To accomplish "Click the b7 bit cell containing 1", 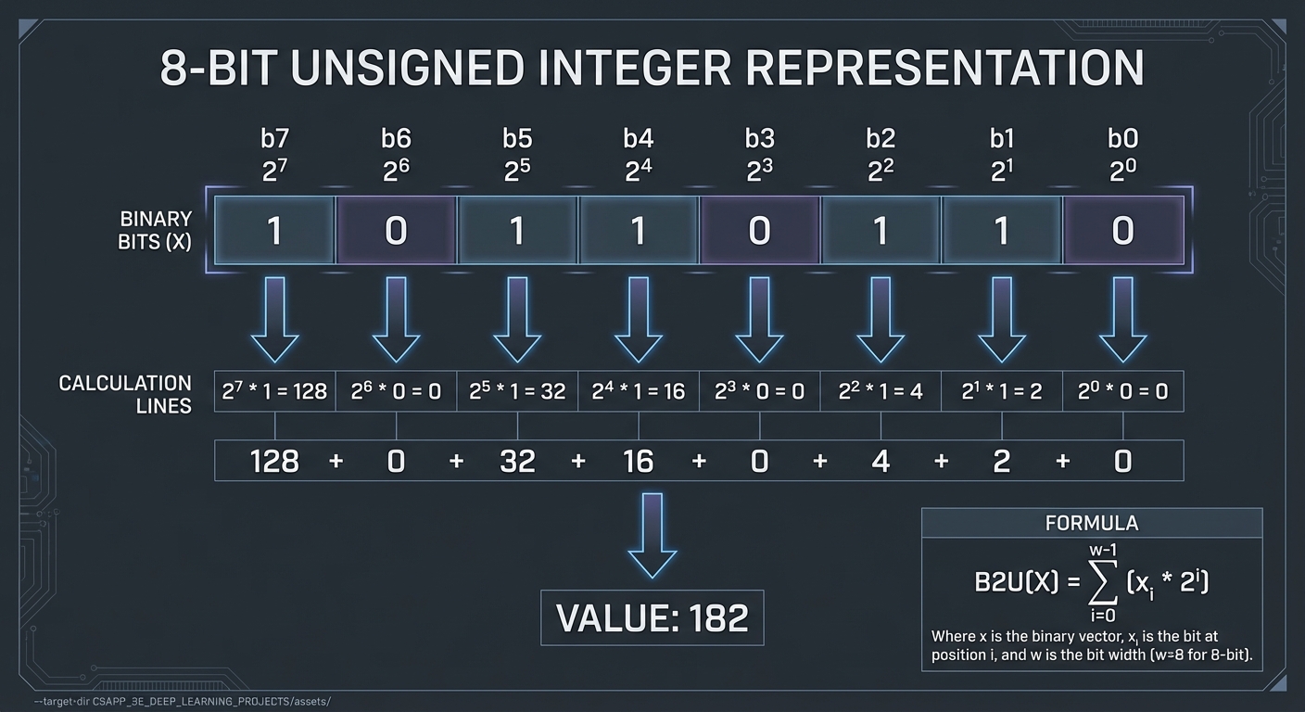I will tap(274, 230).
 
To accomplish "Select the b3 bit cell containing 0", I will tap(759, 230).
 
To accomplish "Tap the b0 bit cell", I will tap(1122, 230).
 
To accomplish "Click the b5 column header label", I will tap(517, 138).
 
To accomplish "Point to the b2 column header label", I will tap(881, 138).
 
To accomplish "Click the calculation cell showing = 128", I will tap(274, 391).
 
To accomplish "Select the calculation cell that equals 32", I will tap(517, 391).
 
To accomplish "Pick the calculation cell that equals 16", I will tap(639, 391).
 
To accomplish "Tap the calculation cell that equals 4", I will tap(881, 391).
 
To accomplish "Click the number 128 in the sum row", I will tap(274, 461).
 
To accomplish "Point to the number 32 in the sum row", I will tap(517, 461).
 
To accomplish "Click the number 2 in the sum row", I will tap(1002, 461).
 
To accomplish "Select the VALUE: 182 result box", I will tap(652, 617).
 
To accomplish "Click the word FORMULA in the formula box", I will tap(1092, 523).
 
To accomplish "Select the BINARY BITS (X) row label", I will tap(156, 231).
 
